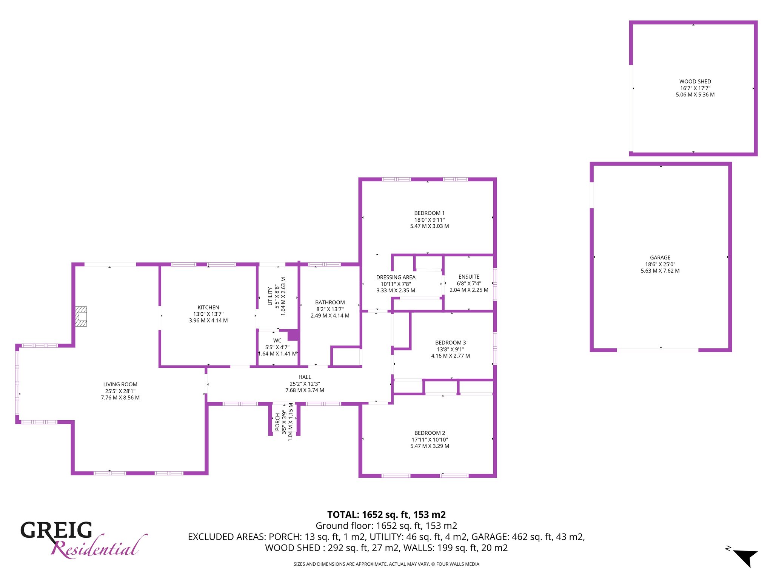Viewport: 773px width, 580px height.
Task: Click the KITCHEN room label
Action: [x=208, y=307]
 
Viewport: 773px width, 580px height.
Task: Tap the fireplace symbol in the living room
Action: [x=81, y=316]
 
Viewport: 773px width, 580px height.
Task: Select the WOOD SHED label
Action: [x=695, y=82]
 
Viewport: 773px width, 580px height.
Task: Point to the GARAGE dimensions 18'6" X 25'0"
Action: [x=660, y=264]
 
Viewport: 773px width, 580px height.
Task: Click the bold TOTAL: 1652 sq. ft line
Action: [x=386, y=515]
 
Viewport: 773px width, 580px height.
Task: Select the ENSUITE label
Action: [x=469, y=277]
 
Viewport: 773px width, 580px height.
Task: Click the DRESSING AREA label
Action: [x=396, y=277]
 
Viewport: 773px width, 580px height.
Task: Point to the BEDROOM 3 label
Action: [x=450, y=343]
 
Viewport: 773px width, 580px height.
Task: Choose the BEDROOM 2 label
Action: [x=430, y=433]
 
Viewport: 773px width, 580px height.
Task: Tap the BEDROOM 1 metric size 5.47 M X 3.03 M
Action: [x=430, y=226]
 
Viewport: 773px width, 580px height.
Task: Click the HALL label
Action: [x=305, y=377]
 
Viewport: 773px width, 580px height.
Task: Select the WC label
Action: [x=277, y=341]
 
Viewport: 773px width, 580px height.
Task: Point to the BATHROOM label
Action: [x=330, y=302]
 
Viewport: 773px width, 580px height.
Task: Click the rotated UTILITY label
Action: [x=270, y=296]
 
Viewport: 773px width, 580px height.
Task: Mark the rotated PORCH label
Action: [x=277, y=422]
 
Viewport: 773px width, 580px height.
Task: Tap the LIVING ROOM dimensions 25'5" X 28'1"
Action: [x=120, y=391]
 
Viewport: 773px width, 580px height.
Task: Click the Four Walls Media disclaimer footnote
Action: [x=386, y=564]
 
